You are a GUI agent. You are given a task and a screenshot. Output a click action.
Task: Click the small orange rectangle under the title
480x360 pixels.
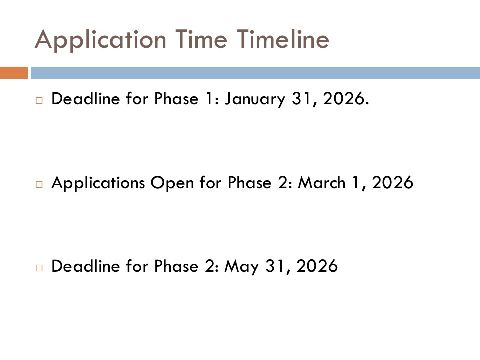pyautogui.click(x=14, y=73)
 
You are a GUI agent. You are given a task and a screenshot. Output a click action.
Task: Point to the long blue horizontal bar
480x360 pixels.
pyautogui.click(x=255, y=73)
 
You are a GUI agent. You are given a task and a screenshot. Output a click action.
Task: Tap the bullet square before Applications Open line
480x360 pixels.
pyautogui.click(x=39, y=184)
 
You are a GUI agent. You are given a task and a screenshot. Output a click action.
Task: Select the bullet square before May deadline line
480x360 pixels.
pyautogui.click(x=39, y=268)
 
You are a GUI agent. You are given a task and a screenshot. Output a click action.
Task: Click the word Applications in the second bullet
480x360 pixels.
pyautogui.click(x=98, y=183)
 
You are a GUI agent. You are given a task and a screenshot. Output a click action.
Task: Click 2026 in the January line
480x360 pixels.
pyautogui.click(x=344, y=99)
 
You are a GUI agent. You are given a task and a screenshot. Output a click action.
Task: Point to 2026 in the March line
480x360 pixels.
pyautogui.click(x=393, y=183)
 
